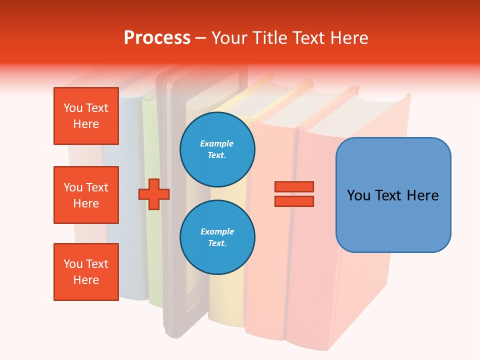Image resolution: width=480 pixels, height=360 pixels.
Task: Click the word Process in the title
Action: pyautogui.click(x=157, y=38)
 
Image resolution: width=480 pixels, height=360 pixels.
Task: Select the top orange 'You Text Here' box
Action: pyautogui.click(x=86, y=116)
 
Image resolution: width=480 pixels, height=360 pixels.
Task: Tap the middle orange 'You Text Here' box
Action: pyautogui.click(x=86, y=195)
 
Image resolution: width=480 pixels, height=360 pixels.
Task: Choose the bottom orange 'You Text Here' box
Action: pyautogui.click(x=86, y=272)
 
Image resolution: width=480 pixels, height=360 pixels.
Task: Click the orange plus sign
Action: pyautogui.click(x=154, y=194)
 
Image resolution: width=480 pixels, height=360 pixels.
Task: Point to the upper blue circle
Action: pyautogui.click(x=217, y=149)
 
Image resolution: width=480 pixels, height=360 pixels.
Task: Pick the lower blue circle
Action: pyautogui.click(x=217, y=237)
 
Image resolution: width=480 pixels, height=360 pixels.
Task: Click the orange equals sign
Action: pyautogui.click(x=294, y=194)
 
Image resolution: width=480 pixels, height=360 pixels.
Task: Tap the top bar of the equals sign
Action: pyautogui.click(x=294, y=186)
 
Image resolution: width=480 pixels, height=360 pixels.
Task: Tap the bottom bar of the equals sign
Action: pyautogui.click(x=294, y=201)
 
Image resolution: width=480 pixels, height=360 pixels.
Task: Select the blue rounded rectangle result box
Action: pyautogui.click(x=393, y=194)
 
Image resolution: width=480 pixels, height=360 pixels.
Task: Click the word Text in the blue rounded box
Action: pyautogui.click(x=389, y=195)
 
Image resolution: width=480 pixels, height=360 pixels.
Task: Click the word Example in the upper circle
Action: pyautogui.click(x=217, y=143)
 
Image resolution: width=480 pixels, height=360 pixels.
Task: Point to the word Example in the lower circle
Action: pyautogui.click(x=217, y=231)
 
